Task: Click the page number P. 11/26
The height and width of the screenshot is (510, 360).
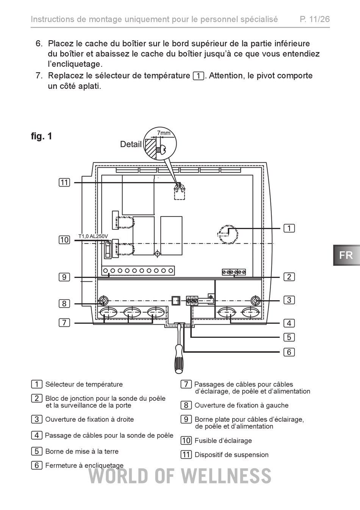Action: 315,19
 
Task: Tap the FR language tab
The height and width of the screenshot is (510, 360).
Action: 347,255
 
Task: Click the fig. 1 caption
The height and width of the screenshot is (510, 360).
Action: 42,136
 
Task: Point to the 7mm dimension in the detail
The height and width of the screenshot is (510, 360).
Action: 164,133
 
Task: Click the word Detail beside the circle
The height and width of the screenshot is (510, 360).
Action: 131,144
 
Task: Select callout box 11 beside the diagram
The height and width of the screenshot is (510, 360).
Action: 64,183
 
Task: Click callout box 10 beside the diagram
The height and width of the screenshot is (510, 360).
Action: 64,240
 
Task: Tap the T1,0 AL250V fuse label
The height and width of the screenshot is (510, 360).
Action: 93,236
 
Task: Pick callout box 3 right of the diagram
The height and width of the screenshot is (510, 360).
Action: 289,300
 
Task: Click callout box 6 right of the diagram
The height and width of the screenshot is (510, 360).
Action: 289,352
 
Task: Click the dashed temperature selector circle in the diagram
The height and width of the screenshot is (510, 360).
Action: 228,234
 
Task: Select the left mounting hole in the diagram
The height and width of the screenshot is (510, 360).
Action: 103,301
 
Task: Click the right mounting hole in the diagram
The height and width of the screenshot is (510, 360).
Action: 255,301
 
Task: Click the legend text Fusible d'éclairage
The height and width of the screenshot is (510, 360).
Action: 223,441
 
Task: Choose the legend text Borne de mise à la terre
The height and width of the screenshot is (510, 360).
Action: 82,451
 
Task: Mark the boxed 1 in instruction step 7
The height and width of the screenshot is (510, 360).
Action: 199,76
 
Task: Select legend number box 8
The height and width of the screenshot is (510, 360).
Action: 186,405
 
